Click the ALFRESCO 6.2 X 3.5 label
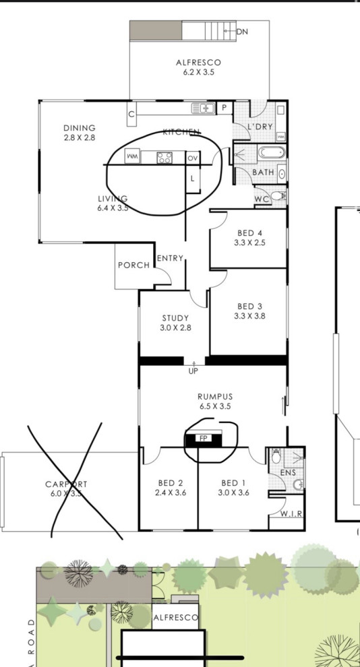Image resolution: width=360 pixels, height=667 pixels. [x=198, y=67]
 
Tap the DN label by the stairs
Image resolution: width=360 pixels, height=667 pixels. [x=242, y=31]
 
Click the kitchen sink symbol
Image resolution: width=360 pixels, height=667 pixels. [x=202, y=108]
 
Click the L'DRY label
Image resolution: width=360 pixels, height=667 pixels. [x=260, y=127]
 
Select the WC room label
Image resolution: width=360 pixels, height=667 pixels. [x=262, y=200]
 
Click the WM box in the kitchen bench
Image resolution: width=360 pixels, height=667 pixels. [x=133, y=158]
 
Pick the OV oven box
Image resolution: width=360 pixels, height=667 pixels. [x=193, y=158]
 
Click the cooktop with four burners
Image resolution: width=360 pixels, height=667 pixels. [x=164, y=158]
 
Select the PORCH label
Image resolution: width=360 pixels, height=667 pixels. [x=133, y=265]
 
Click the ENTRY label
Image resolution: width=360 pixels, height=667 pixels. [x=170, y=258]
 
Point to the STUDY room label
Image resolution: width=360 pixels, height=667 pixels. [x=175, y=322]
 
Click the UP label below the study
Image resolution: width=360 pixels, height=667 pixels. [x=193, y=371]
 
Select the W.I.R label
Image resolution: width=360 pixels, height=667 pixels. [x=291, y=514]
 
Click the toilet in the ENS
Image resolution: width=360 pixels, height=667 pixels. [x=276, y=457]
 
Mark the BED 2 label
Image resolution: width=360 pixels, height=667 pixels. [x=171, y=487]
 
